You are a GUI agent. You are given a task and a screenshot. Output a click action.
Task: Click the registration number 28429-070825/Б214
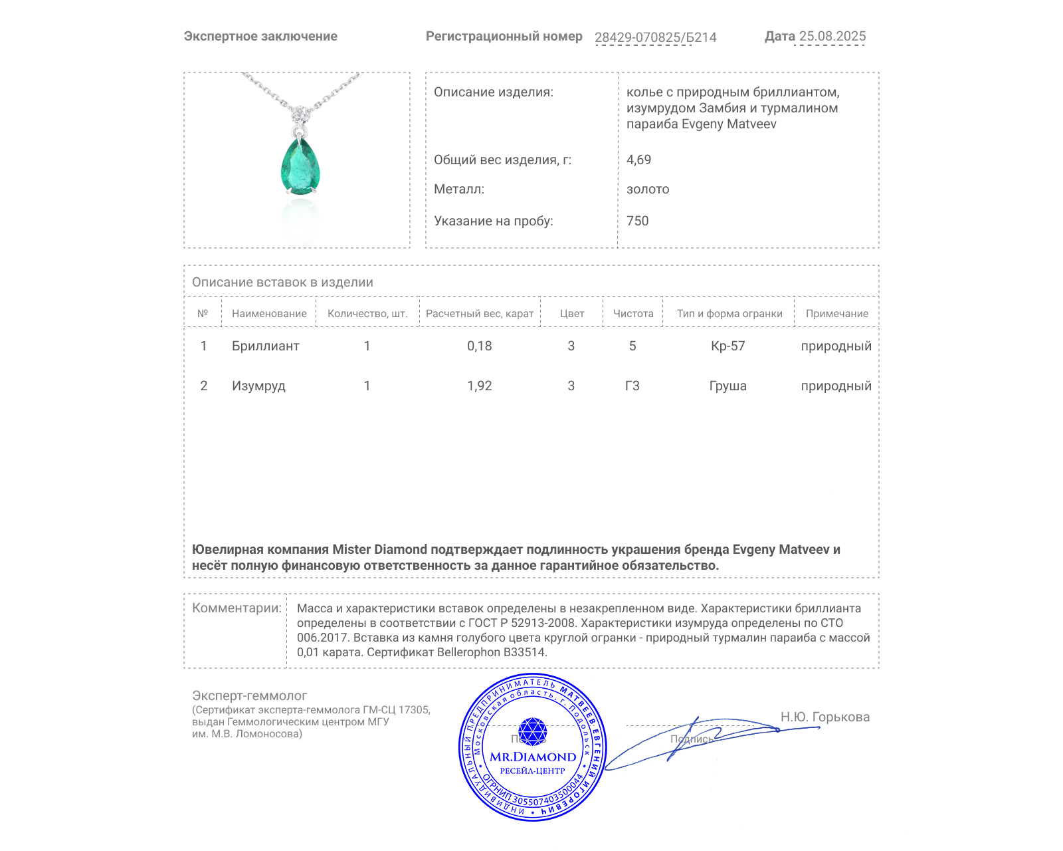[655, 37]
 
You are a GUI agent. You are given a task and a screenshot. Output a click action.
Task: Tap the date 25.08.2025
[832, 37]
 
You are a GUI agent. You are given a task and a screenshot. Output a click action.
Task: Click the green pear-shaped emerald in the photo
[300, 166]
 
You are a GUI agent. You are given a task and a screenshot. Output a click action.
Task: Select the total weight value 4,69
[638, 160]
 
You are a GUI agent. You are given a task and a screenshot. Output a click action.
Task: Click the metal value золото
[648, 189]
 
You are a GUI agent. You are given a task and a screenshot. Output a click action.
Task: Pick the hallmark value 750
[637, 221]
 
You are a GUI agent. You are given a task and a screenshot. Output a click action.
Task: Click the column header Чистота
[632, 314]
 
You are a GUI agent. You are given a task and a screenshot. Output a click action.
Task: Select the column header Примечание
[836, 314]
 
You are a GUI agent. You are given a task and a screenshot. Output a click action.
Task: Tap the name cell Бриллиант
[265, 346]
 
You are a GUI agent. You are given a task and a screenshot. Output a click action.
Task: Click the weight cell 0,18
[479, 346]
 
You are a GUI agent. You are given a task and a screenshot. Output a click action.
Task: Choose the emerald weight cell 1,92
[479, 386]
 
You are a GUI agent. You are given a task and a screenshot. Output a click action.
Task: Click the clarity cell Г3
[632, 386]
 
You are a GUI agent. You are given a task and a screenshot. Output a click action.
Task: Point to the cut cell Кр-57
[727, 346]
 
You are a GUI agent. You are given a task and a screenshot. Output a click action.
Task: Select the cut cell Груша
[727, 386]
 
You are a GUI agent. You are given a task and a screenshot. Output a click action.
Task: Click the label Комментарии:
[237, 608]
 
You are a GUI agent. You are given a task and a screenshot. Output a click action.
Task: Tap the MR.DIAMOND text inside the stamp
[533, 757]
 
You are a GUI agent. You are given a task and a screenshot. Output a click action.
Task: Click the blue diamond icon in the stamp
[532, 731]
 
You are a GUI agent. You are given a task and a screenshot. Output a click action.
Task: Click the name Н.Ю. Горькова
[824, 717]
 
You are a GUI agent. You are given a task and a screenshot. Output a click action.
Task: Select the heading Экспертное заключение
[260, 37]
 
